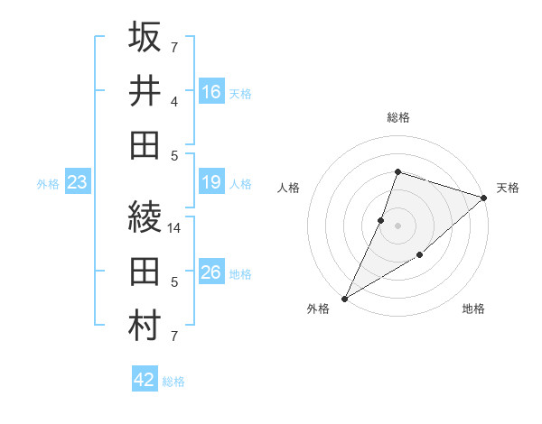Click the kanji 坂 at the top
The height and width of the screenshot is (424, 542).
click(145, 38)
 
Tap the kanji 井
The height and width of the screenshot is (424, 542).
click(145, 91)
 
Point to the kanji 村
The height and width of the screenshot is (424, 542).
click(145, 326)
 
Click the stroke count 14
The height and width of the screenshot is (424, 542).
click(174, 228)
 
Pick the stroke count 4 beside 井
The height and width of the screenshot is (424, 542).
click(174, 102)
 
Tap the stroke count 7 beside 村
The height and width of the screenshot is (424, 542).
click(174, 336)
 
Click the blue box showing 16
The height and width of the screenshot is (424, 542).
click(211, 92)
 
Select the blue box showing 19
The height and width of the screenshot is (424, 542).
click(211, 183)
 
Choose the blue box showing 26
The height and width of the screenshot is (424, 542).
click(211, 272)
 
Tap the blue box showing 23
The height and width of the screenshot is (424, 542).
click(78, 183)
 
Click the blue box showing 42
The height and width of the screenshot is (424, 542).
click(145, 380)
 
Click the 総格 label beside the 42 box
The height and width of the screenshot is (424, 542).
click(173, 382)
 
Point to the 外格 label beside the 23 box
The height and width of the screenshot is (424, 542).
click(48, 184)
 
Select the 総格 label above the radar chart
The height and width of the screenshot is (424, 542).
click(397, 117)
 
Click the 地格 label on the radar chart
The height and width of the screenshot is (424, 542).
click(473, 309)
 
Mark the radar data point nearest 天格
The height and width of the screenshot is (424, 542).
click(484, 198)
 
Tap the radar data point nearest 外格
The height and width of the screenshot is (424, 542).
click(344, 298)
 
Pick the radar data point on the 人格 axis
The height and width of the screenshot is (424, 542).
click(381, 220)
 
